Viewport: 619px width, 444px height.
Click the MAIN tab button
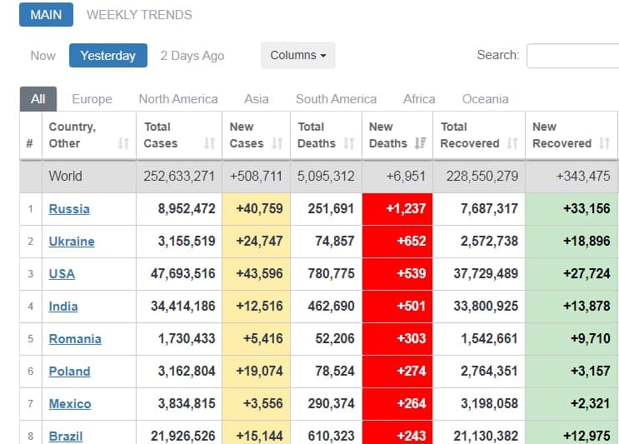46,15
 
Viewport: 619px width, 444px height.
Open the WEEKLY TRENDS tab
139,15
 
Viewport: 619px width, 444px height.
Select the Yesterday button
107,56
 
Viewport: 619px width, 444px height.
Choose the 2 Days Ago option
192,56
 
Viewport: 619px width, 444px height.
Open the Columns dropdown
297,56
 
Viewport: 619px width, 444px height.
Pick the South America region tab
336,98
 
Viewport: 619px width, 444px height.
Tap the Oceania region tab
485,98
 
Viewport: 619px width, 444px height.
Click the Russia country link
69,209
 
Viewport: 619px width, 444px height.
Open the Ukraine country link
72,242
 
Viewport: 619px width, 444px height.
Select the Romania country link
75,339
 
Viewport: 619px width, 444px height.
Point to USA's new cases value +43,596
257,274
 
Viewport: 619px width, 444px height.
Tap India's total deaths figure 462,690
326,307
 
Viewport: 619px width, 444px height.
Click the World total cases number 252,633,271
179,177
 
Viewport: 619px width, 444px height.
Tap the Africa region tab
419,98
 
